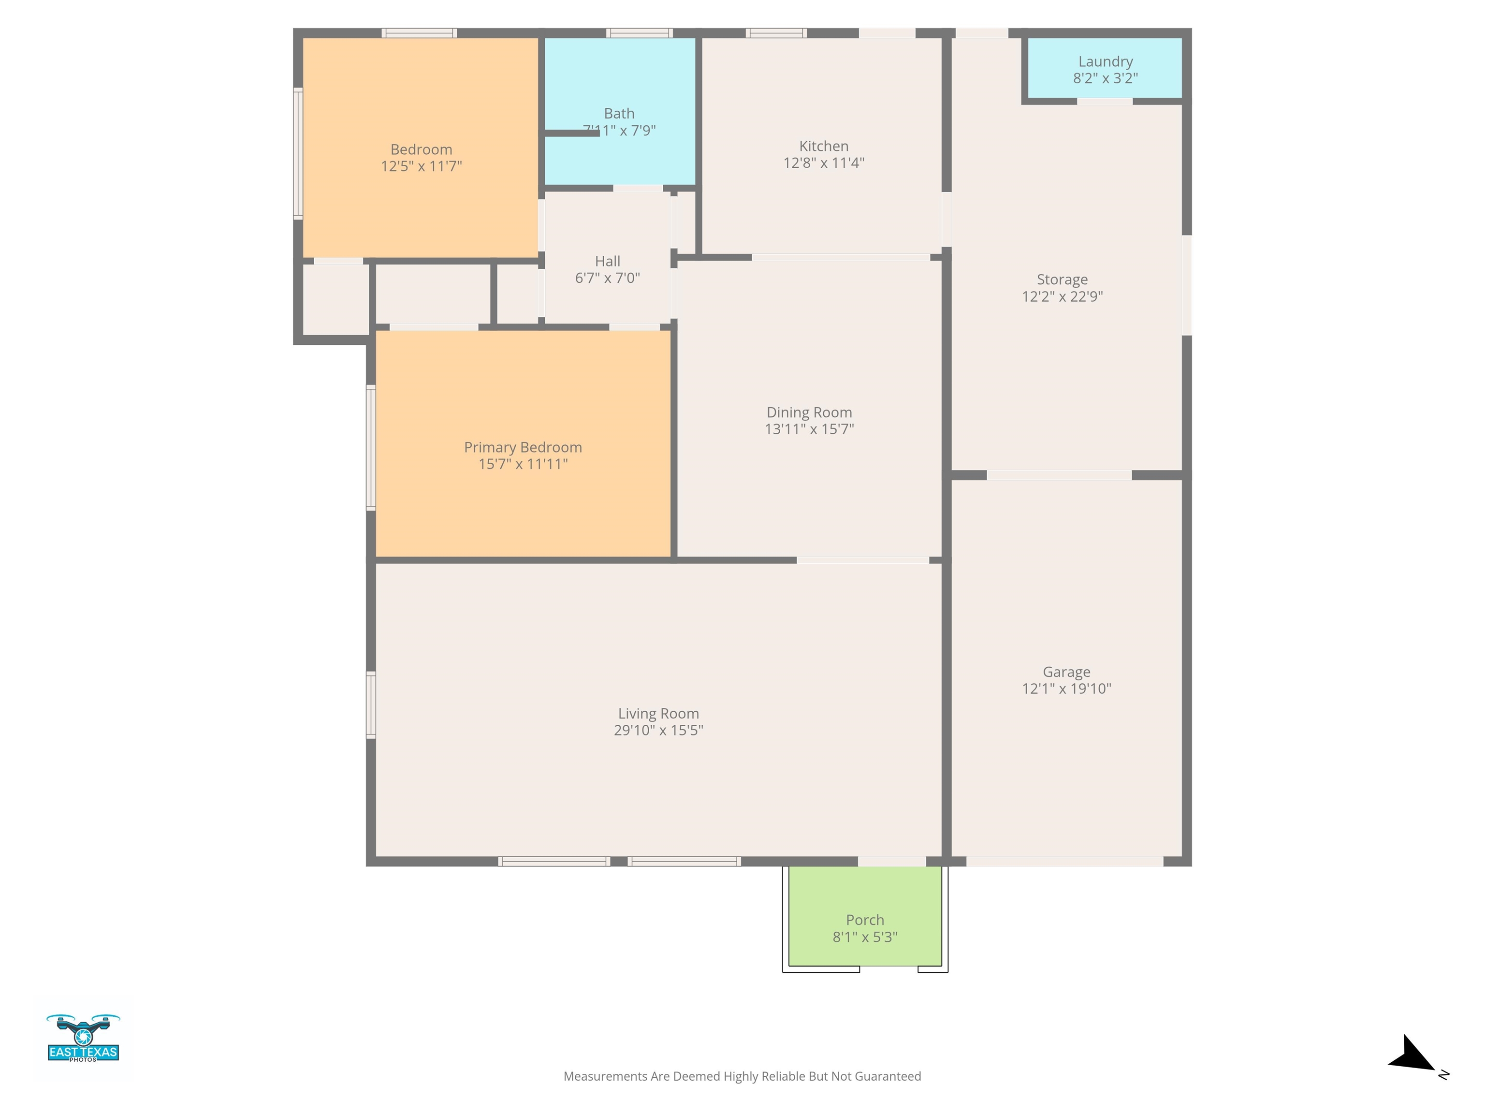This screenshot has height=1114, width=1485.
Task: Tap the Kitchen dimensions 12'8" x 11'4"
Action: pos(824,162)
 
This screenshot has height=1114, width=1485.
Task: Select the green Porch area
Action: pos(865,916)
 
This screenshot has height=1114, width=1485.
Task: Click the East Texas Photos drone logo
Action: pos(83,1038)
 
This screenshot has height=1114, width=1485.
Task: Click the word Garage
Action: pos(1066,672)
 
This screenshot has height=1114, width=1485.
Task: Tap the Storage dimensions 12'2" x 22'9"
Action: pos(1062,296)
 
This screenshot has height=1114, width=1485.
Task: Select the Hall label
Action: pos(608,261)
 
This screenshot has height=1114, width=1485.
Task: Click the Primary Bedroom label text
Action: pos(523,447)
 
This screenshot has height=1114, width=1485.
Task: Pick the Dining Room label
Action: pos(809,412)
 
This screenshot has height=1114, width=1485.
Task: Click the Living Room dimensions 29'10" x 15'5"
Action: pos(658,730)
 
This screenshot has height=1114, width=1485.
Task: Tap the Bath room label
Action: pos(619,114)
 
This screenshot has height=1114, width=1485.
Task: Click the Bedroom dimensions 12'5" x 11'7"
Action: pos(422,166)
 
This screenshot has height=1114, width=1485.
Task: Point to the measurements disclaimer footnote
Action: pos(742,1076)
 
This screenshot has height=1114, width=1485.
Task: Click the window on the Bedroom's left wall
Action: pos(298,154)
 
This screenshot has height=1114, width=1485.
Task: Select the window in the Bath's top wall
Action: pos(639,33)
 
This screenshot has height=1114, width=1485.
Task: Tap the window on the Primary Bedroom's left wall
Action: pos(371,447)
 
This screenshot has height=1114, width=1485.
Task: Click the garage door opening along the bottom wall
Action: pos(1065,862)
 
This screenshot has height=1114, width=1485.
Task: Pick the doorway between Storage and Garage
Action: pos(1060,475)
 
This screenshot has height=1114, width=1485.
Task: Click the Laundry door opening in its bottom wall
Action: pos(1105,102)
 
